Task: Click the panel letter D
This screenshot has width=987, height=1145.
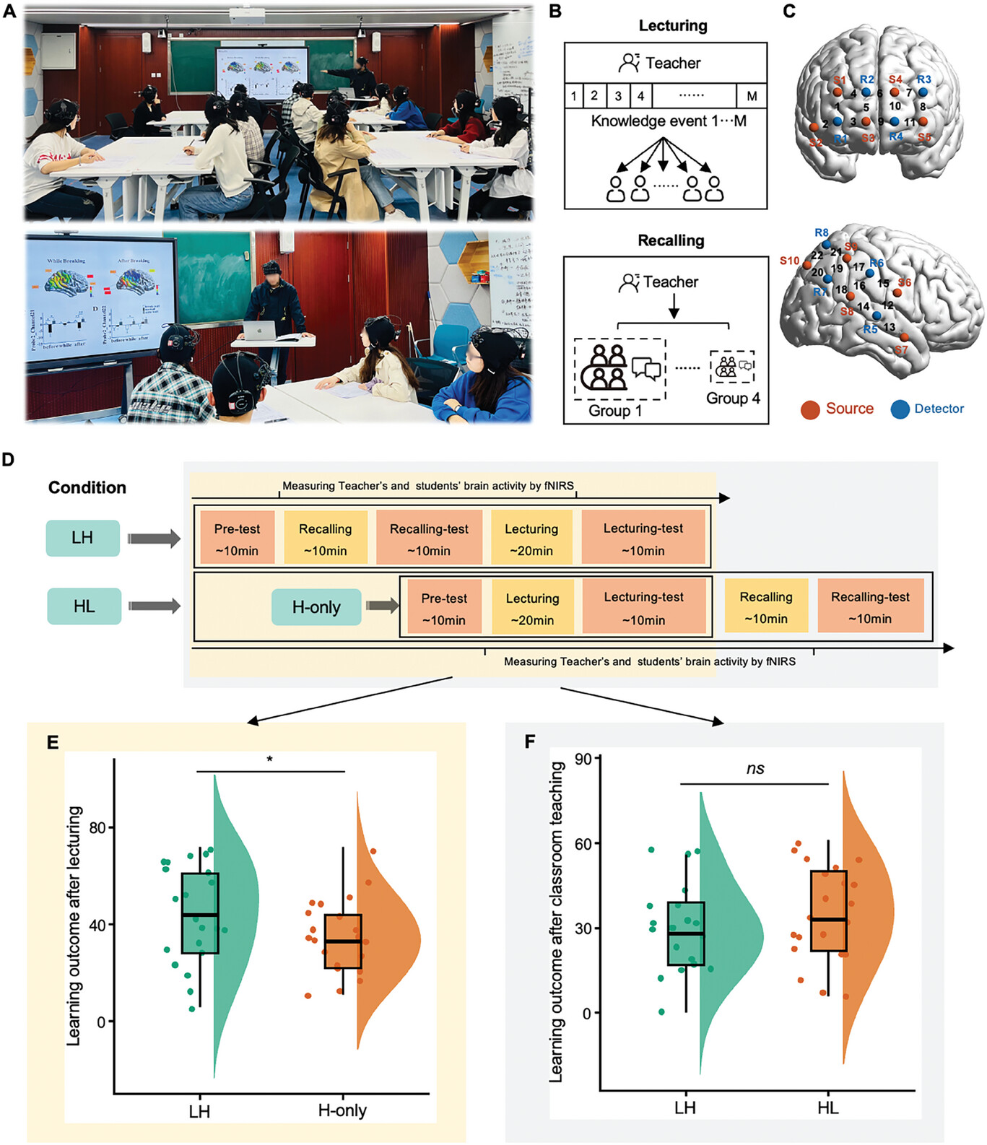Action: [8, 459]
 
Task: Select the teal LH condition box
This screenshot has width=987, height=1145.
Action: [82, 538]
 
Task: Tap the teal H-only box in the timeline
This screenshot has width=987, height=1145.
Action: [316, 607]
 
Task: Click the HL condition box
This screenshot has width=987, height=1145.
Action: [84, 606]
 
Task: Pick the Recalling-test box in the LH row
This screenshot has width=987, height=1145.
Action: [429, 539]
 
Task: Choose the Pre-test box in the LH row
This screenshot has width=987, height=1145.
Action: [237, 539]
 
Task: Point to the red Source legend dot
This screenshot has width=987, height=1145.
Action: [810, 410]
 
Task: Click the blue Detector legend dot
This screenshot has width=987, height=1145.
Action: [900, 410]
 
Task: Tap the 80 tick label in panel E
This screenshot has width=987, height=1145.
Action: [97, 827]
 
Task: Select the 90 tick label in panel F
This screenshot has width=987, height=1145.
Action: [583, 759]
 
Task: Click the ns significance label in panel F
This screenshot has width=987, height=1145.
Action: [755, 769]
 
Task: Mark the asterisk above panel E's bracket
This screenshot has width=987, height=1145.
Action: [269, 759]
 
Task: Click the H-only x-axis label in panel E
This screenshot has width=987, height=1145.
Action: [342, 1110]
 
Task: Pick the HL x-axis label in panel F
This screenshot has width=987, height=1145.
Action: [828, 1107]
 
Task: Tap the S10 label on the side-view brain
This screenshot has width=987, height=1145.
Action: [789, 261]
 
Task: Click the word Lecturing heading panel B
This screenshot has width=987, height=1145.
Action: [673, 26]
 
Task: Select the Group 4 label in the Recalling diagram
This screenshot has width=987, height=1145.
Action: [733, 399]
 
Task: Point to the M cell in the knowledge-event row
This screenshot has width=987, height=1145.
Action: [752, 96]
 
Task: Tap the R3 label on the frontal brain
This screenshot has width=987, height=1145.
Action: [924, 79]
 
